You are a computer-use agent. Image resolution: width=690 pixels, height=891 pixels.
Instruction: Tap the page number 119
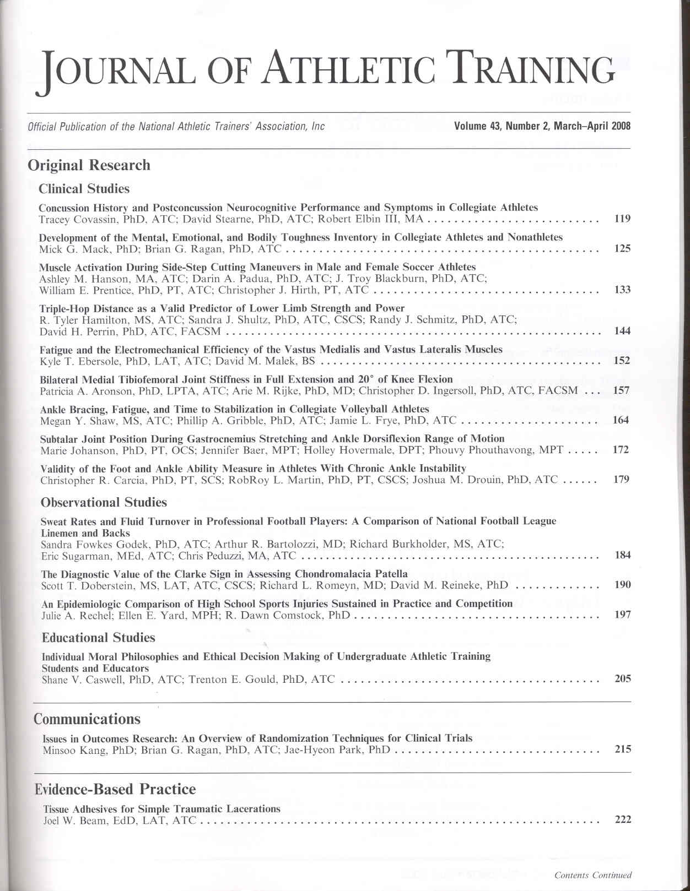click(622, 219)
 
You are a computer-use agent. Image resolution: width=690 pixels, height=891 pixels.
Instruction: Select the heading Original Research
click(89, 165)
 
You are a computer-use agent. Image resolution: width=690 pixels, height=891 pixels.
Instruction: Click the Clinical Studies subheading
click(84, 189)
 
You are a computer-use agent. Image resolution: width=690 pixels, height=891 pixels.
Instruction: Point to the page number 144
click(623, 331)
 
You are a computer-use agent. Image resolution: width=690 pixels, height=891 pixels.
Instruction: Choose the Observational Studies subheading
click(104, 502)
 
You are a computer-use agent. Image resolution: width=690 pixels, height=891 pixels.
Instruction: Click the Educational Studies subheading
click(98, 638)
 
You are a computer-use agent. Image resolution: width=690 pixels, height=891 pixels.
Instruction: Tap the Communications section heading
click(87, 719)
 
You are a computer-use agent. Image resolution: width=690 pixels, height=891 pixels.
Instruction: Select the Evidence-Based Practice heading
click(115, 790)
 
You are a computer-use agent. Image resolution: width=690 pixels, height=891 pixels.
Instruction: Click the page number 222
click(623, 819)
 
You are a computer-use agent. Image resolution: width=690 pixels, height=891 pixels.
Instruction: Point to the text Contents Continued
click(593, 875)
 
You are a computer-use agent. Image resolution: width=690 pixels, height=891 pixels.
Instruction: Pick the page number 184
click(623, 555)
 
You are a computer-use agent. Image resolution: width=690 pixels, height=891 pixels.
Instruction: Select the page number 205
click(623, 679)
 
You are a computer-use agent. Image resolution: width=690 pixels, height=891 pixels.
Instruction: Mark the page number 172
click(621, 450)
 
